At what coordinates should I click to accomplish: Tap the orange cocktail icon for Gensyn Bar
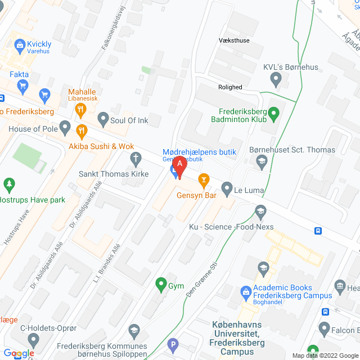tap(204, 180)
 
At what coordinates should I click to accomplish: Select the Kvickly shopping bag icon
tap(20, 44)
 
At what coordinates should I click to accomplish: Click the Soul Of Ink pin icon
tap(103, 118)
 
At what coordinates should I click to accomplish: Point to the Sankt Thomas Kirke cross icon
tap(135, 159)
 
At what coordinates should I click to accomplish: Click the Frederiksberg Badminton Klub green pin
tap(274, 114)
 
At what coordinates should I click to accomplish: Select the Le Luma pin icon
tap(227, 187)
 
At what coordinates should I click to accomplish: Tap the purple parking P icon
tap(173, 344)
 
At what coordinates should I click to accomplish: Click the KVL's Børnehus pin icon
tap(276, 81)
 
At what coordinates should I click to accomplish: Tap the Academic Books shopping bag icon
tap(246, 291)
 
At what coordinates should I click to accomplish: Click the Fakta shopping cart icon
tap(22, 85)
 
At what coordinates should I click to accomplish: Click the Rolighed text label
tap(230, 87)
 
